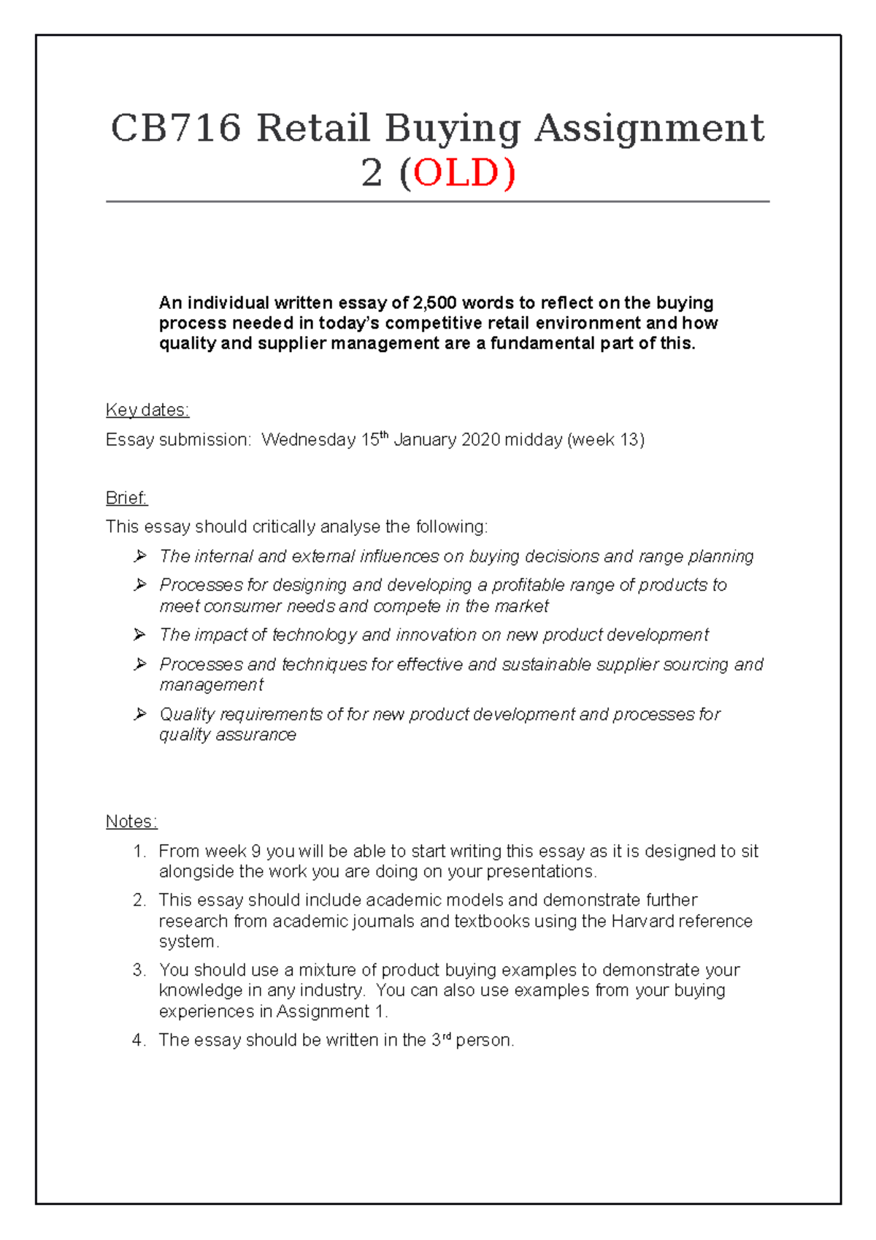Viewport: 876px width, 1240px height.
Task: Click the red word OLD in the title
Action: click(458, 173)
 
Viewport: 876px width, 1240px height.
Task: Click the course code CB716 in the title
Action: click(176, 129)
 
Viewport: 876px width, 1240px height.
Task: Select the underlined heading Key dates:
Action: click(147, 410)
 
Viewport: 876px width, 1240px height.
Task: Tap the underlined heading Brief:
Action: click(126, 497)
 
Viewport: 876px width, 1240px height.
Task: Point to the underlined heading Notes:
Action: click(131, 821)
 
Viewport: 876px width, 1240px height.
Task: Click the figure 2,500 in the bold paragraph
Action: click(435, 302)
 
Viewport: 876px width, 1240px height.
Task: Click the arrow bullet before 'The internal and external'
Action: click(140, 556)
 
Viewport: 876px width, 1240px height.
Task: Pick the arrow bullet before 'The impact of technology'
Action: click(140, 635)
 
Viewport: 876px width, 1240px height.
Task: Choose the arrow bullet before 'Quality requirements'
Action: click(140, 713)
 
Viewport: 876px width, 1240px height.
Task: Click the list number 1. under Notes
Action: click(139, 851)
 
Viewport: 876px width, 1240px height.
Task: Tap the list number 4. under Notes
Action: click(139, 1040)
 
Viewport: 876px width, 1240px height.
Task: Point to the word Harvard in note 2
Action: click(642, 921)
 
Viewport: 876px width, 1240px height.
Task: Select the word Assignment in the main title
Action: click(650, 129)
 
